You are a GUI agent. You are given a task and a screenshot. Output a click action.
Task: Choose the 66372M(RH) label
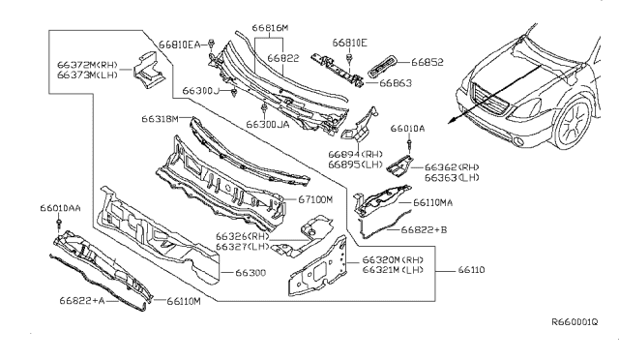click(86, 63)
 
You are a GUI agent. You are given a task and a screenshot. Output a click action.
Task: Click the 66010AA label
click(61, 208)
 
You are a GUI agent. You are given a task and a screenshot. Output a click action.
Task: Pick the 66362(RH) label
click(453, 166)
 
